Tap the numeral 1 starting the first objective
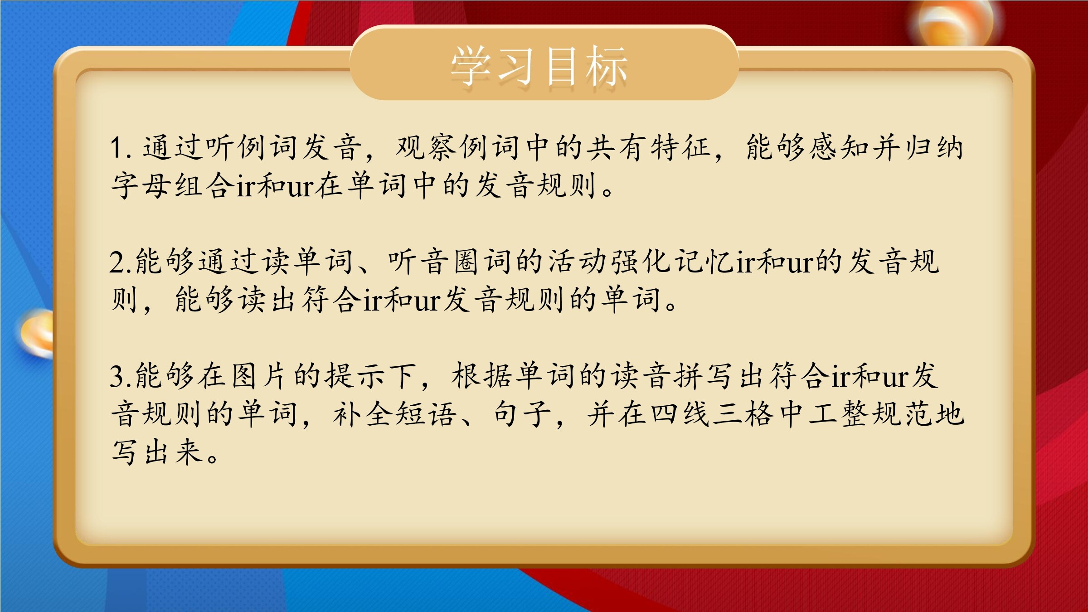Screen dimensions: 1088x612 tap(117, 148)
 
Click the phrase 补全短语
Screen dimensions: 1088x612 tap(394, 414)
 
